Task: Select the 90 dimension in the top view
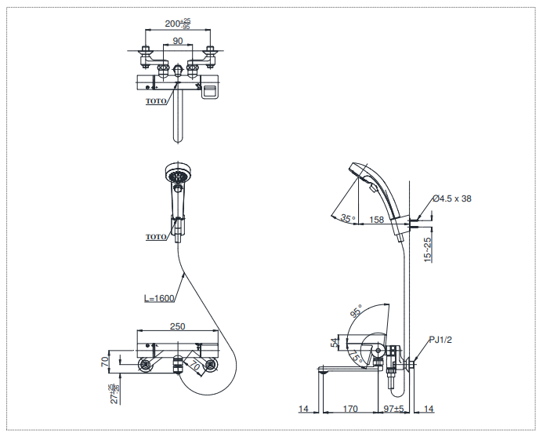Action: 177,41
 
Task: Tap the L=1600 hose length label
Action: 160,298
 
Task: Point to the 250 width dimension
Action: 177,326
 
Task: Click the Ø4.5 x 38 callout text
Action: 452,198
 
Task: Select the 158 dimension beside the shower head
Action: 377,220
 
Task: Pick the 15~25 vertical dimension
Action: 428,250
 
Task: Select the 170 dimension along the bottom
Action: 351,409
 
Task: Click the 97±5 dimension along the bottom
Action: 393,409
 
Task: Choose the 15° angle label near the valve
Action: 357,357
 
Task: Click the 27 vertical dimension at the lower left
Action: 114,391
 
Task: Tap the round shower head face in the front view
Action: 178,173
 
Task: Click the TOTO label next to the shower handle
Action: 156,236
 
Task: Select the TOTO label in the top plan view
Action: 156,101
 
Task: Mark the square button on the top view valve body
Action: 210,92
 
